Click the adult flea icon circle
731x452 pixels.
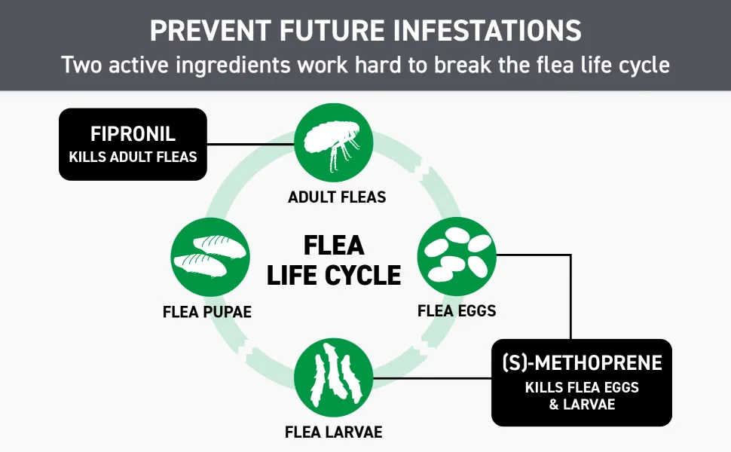(x=334, y=142)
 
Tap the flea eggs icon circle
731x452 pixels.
(x=457, y=256)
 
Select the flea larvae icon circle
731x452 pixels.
(x=334, y=377)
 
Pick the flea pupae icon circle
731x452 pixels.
(x=210, y=257)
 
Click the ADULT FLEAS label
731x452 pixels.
(x=337, y=197)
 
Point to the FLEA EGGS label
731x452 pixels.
(x=457, y=311)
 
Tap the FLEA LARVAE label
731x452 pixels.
(x=334, y=432)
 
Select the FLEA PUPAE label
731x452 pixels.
(x=207, y=312)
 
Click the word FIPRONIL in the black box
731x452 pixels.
(x=133, y=134)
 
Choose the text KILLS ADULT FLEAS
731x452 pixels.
(x=133, y=157)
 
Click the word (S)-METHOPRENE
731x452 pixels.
(x=582, y=362)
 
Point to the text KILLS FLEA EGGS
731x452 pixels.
(x=582, y=387)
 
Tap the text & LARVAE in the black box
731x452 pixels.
(x=582, y=404)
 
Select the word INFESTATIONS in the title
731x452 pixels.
(x=487, y=31)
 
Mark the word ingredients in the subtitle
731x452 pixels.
(x=234, y=65)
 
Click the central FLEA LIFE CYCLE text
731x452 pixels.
(x=334, y=260)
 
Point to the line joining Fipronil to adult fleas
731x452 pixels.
(x=251, y=144)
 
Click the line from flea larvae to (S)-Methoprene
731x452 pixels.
(x=433, y=378)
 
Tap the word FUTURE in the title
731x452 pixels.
(x=332, y=31)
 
